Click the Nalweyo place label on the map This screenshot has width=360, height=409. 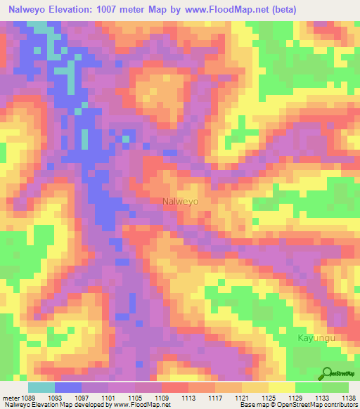180,201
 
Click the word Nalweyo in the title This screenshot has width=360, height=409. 32,10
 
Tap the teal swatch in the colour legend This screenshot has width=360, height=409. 41,387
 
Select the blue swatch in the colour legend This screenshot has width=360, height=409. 67,387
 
